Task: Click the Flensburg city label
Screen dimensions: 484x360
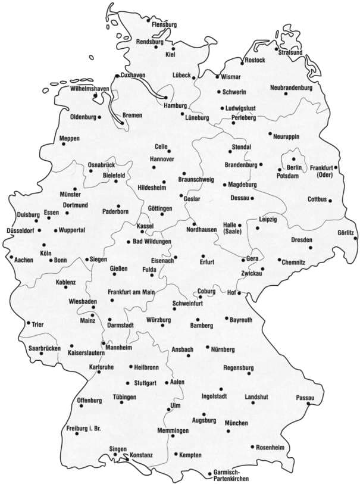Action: click(165, 24)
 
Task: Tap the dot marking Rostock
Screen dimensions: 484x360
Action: click(242, 62)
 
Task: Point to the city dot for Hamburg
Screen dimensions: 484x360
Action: click(165, 96)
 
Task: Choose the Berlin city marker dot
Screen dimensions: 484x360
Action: click(293, 159)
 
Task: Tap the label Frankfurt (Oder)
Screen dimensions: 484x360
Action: click(321, 170)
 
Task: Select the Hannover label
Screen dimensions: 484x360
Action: click(161, 160)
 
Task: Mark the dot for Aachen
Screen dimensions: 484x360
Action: click(11, 257)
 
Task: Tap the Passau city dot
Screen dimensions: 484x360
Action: click(308, 404)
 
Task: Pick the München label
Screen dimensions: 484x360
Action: click(236, 423)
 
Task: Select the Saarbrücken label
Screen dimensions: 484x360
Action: click(45, 348)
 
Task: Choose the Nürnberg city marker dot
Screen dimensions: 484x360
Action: click(206, 347)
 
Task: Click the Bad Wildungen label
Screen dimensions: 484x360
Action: click(152, 242)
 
